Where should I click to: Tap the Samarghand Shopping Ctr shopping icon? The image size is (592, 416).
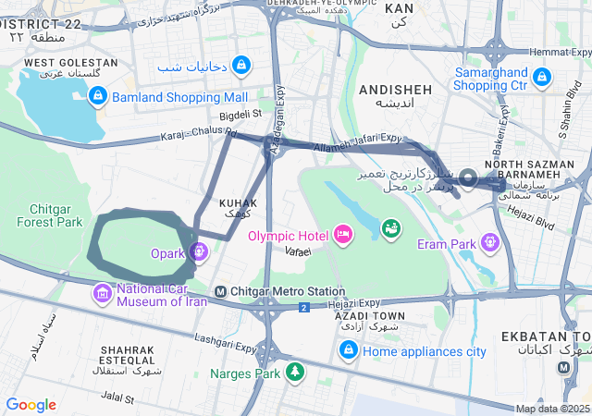(542, 76)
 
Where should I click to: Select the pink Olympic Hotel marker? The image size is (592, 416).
(343, 236)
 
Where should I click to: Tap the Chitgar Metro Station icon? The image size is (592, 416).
(220, 292)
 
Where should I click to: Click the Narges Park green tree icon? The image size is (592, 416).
(294, 373)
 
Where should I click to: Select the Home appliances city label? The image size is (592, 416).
(425, 351)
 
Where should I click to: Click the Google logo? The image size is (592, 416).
(31, 405)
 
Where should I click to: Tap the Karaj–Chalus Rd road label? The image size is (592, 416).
(199, 135)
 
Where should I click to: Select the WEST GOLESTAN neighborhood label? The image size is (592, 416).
(70, 62)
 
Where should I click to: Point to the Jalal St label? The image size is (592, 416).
(117, 398)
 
